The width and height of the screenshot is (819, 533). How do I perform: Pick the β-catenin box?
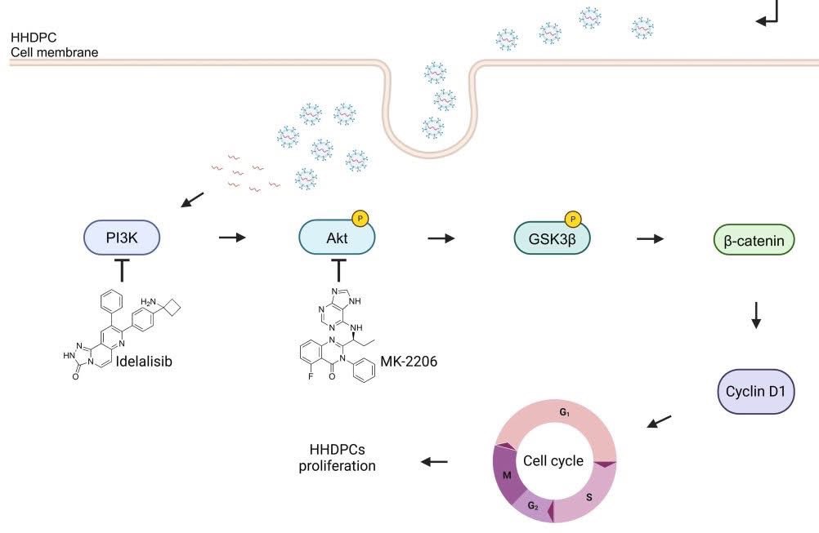754,241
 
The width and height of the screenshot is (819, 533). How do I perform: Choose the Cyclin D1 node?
755,390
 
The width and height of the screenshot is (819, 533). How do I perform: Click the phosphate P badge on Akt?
360,218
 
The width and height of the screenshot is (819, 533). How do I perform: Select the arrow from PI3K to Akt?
233,238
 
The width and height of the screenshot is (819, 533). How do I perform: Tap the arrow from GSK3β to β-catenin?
651,238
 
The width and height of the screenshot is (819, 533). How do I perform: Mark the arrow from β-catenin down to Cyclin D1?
756,314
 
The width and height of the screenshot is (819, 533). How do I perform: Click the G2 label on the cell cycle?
532,507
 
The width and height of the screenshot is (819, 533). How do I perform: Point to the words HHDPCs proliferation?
342,459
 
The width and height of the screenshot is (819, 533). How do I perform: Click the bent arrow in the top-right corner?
771,15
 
